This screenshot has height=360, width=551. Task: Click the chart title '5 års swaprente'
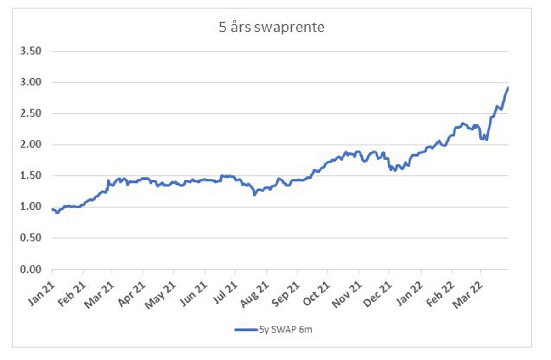[x=271, y=28]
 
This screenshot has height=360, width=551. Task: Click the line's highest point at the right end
[x=508, y=87]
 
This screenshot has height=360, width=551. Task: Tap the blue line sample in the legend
[x=246, y=330]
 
